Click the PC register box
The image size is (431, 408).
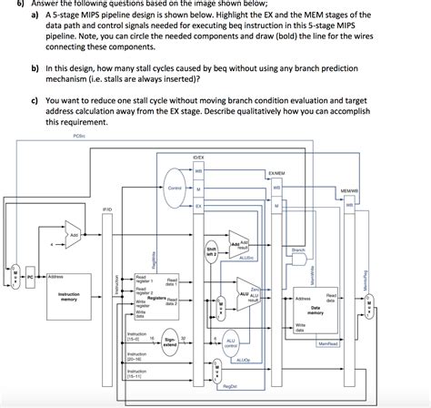(x=31, y=274)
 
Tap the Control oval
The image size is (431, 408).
(x=176, y=188)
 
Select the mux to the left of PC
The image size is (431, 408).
(x=13, y=274)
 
